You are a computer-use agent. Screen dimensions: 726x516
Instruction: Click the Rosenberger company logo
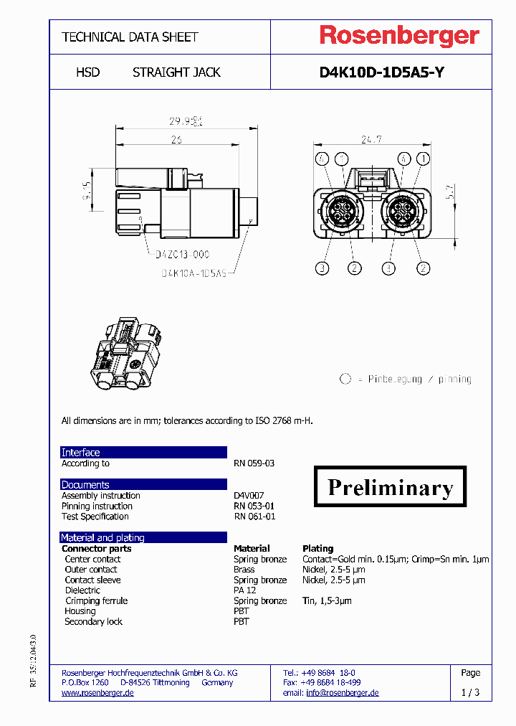point(398,36)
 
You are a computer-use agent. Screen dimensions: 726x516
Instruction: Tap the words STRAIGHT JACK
point(176,72)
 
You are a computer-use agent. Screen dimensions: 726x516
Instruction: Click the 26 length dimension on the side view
point(176,140)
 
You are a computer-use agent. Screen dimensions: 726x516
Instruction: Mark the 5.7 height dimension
point(449,192)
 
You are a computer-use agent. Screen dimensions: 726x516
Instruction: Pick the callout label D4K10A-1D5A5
point(193,273)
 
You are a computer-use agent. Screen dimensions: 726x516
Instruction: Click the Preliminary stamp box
point(390,486)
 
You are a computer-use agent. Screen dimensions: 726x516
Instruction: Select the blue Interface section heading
point(81,453)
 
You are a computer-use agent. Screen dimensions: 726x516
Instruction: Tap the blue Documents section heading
point(85,485)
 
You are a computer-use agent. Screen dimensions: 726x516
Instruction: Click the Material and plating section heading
point(102,537)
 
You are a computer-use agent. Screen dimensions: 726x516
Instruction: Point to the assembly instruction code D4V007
point(249,496)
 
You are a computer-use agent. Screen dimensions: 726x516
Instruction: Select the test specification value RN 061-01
point(254,517)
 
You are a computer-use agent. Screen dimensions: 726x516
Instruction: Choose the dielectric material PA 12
point(244,590)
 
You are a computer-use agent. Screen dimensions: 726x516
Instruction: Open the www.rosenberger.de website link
point(97,693)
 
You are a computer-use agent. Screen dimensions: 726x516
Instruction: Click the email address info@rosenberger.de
point(342,693)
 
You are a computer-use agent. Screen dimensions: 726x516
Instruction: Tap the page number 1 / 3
point(470,692)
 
